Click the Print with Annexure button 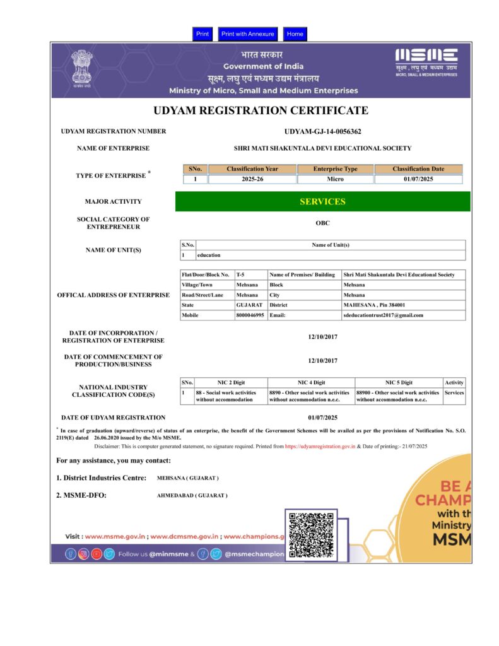coord(247,34)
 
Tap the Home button coord(295,34)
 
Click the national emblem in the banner coord(81,68)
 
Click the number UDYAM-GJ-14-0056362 coord(322,131)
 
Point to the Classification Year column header coord(252,169)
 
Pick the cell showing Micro coord(336,179)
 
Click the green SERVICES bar coord(322,202)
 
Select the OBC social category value coord(322,223)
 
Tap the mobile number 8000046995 coord(250,315)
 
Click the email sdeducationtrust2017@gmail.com coord(383,315)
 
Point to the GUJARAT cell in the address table coord(249,305)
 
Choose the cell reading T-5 coord(240,275)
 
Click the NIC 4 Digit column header coord(311,382)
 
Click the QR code coord(311,535)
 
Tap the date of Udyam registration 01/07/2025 coord(322,418)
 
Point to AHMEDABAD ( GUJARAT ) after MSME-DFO coord(192,496)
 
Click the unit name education coord(209,255)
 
